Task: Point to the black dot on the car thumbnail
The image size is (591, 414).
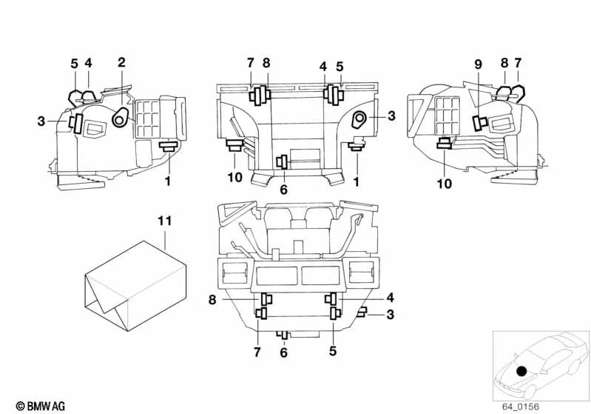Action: click(522, 370)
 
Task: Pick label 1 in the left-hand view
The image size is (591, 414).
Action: click(167, 180)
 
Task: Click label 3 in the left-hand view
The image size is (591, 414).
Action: click(42, 120)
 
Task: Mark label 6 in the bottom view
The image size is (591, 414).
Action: click(283, 353)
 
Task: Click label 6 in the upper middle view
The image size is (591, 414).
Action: click(283, 190)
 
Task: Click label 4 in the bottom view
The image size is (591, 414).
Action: click(390, 298)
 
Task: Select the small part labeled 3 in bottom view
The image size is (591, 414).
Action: click(362, 314)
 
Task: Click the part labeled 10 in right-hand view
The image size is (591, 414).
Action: click(445, 144)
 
